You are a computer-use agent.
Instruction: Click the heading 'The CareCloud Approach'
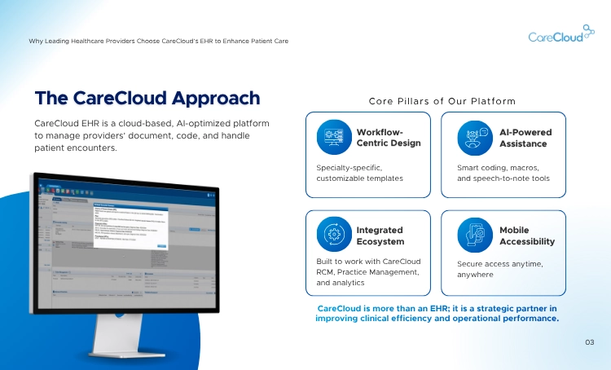coord(147,99)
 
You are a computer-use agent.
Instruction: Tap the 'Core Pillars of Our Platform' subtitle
coord(442,101)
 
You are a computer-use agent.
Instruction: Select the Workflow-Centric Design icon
coord(333,137)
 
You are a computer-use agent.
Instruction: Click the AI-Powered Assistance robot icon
coord(473,137)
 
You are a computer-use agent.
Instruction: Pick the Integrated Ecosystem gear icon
coord(333,236)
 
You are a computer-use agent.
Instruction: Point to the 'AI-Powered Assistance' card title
coord(525,138)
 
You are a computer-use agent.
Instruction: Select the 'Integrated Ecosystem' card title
coord(380,236)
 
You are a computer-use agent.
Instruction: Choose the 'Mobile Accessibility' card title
coord(526,236)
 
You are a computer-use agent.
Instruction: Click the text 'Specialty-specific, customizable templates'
coord(359,173)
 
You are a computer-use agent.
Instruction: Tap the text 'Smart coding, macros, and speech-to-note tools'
coord(503,173)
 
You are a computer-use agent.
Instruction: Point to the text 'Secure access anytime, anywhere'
coord(499,269)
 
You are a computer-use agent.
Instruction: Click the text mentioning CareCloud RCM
coord(368,271)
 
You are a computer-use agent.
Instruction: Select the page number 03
coord(590,342)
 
